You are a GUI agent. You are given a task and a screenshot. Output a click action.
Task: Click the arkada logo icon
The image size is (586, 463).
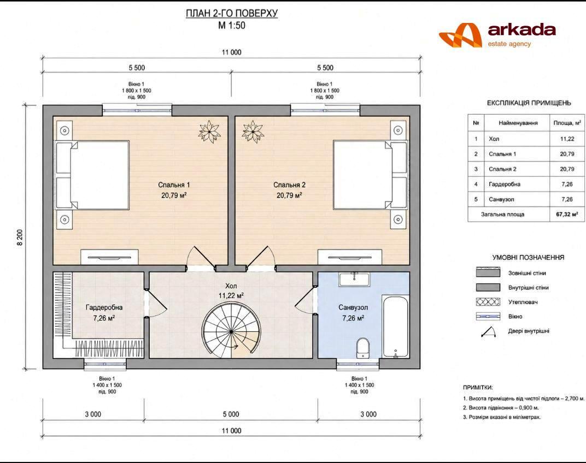click(460, 35)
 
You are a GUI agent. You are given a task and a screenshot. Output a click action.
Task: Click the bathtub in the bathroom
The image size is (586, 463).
click(395, 327)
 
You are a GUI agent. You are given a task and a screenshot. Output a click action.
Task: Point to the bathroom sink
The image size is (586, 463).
click(354, 280)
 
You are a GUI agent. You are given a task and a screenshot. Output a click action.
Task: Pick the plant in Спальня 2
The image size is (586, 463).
click(253, 131)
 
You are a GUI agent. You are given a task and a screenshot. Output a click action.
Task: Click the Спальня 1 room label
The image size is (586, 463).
click(174, 185)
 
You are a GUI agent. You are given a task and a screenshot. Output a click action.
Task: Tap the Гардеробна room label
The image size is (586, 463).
click(104, 308)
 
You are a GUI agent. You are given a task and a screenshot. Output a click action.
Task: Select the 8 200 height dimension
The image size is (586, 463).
click(20, 237)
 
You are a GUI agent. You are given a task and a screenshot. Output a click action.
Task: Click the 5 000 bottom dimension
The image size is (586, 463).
click(231, 414)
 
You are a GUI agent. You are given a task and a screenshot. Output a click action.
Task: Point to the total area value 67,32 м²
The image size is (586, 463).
click(567, 215)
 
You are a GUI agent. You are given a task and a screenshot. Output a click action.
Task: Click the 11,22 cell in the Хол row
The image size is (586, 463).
click(567, 139)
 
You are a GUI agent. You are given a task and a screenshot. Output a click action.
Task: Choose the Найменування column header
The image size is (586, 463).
click(518, 123)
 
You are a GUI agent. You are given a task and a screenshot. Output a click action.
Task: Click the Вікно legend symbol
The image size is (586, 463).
click(488, 316)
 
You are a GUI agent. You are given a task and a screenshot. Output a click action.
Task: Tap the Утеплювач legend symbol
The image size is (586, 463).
click(488, 302)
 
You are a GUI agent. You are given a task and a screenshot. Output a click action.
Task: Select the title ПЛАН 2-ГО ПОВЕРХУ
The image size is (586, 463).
click(232, 14)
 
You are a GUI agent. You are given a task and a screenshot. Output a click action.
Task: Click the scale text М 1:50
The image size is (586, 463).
click(232, 26)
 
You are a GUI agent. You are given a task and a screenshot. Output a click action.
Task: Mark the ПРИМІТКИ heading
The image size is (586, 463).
click(478, 388)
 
